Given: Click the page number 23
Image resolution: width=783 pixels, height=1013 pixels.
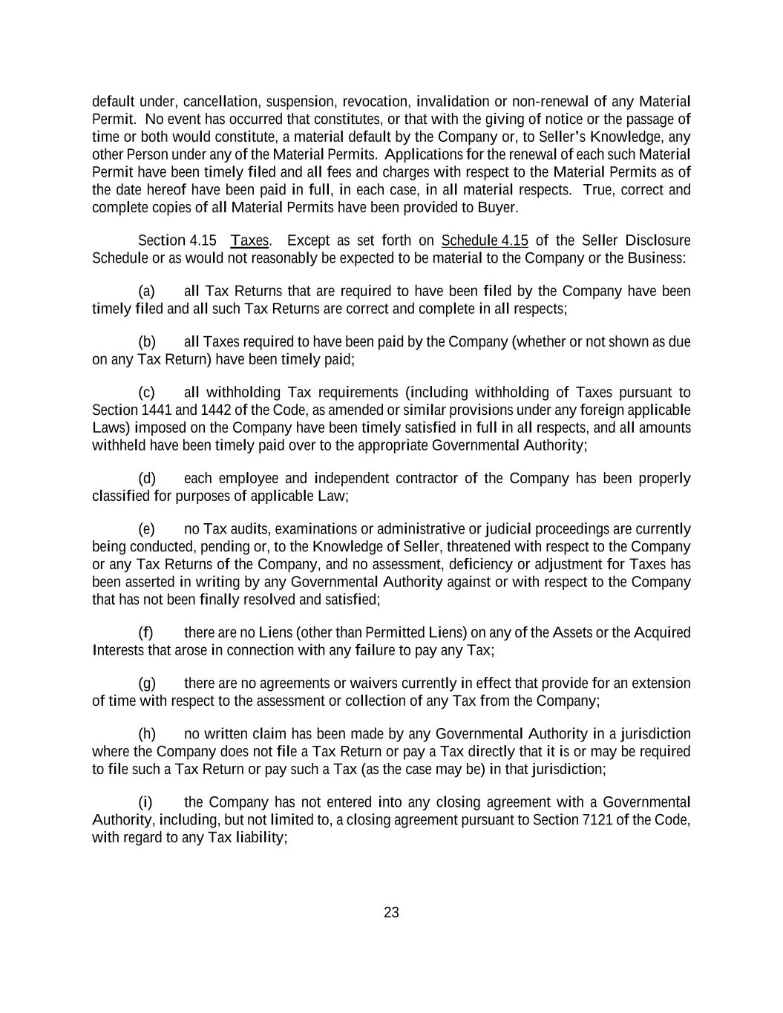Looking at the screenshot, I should pos(391,912).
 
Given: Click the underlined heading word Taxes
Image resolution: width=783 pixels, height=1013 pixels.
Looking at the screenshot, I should pos(249,240).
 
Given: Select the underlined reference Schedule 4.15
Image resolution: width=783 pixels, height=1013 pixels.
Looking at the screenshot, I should pos(485,240).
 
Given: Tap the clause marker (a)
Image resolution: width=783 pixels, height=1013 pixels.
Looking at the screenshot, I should pos(146,291).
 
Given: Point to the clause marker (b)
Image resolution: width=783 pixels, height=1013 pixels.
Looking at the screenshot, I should pos(146,341).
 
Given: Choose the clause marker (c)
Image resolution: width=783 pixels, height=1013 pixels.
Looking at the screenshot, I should pos(146,392).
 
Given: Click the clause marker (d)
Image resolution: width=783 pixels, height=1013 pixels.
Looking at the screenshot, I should pos(146,478).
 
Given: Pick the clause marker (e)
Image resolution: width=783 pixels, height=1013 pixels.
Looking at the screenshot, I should pos(146,529).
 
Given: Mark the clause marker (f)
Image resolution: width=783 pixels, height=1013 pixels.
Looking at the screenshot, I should pos(145,632).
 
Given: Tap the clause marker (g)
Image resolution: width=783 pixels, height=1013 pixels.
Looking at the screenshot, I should pos(146,683).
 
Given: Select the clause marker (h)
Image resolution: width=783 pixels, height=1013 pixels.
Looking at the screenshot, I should pos(146,734).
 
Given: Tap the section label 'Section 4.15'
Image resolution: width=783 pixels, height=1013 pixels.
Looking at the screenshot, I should pos(177,240).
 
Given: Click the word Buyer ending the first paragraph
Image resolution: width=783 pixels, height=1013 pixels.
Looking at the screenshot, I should pos(496,207).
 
